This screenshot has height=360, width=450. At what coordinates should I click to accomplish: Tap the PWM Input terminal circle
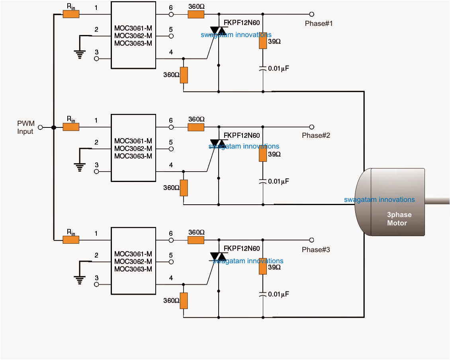40,127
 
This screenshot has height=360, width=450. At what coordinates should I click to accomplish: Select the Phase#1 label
319,23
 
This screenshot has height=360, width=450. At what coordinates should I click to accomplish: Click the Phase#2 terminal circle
312,127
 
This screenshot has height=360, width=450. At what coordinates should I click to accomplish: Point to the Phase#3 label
316,250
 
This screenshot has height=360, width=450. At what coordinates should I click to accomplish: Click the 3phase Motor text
399,219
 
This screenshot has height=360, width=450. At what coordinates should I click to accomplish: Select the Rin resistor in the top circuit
71,14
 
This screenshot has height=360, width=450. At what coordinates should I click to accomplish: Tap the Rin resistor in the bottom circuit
71,240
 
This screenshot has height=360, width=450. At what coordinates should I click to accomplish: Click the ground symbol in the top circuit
81,54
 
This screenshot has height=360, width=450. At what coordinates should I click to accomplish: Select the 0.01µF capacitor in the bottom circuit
263,294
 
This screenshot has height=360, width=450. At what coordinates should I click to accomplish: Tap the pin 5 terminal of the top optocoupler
171,36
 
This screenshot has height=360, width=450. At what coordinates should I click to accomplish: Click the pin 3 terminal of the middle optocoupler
96,172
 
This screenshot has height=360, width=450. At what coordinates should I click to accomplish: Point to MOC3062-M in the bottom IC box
133,261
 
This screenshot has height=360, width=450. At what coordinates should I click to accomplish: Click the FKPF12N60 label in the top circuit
241,23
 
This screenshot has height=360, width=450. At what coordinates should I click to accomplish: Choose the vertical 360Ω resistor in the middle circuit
184,188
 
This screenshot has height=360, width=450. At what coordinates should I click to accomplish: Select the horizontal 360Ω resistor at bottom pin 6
196,240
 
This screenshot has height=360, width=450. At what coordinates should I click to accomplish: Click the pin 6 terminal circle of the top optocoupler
171,14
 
